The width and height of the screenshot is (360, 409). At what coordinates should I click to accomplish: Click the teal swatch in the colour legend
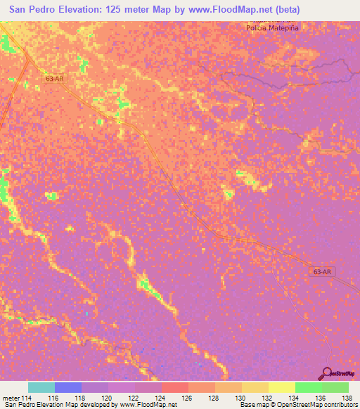coord(41,387)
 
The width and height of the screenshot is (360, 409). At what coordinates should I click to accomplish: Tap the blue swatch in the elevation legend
coord(67,387)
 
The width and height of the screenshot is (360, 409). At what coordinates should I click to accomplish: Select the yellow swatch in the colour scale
coord(281,387)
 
